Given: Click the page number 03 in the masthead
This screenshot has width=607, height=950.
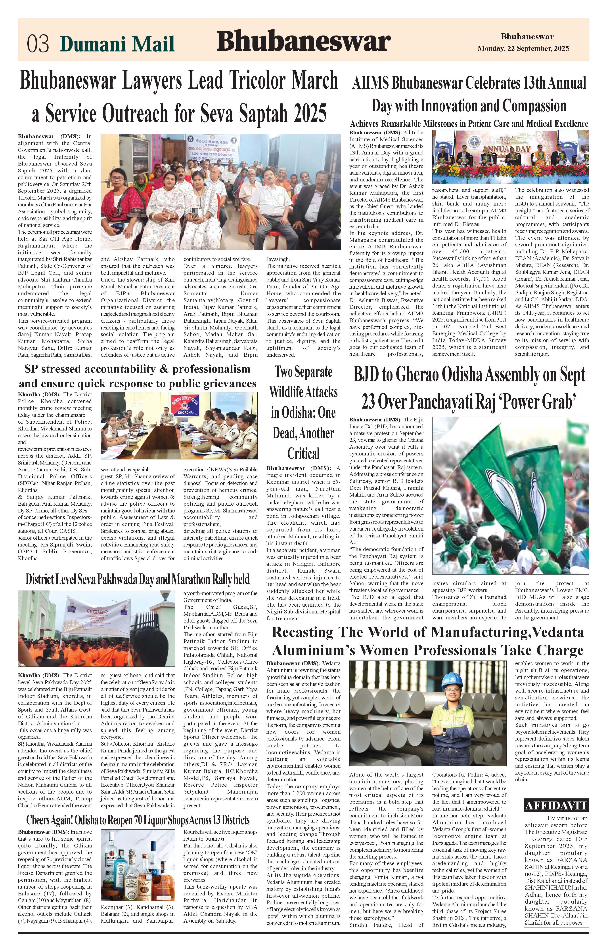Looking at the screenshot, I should click(38, 43).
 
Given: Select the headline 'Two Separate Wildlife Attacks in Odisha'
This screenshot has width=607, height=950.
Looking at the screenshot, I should click(303, 412).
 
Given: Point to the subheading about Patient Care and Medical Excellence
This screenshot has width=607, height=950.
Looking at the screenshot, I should click(469, 124).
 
